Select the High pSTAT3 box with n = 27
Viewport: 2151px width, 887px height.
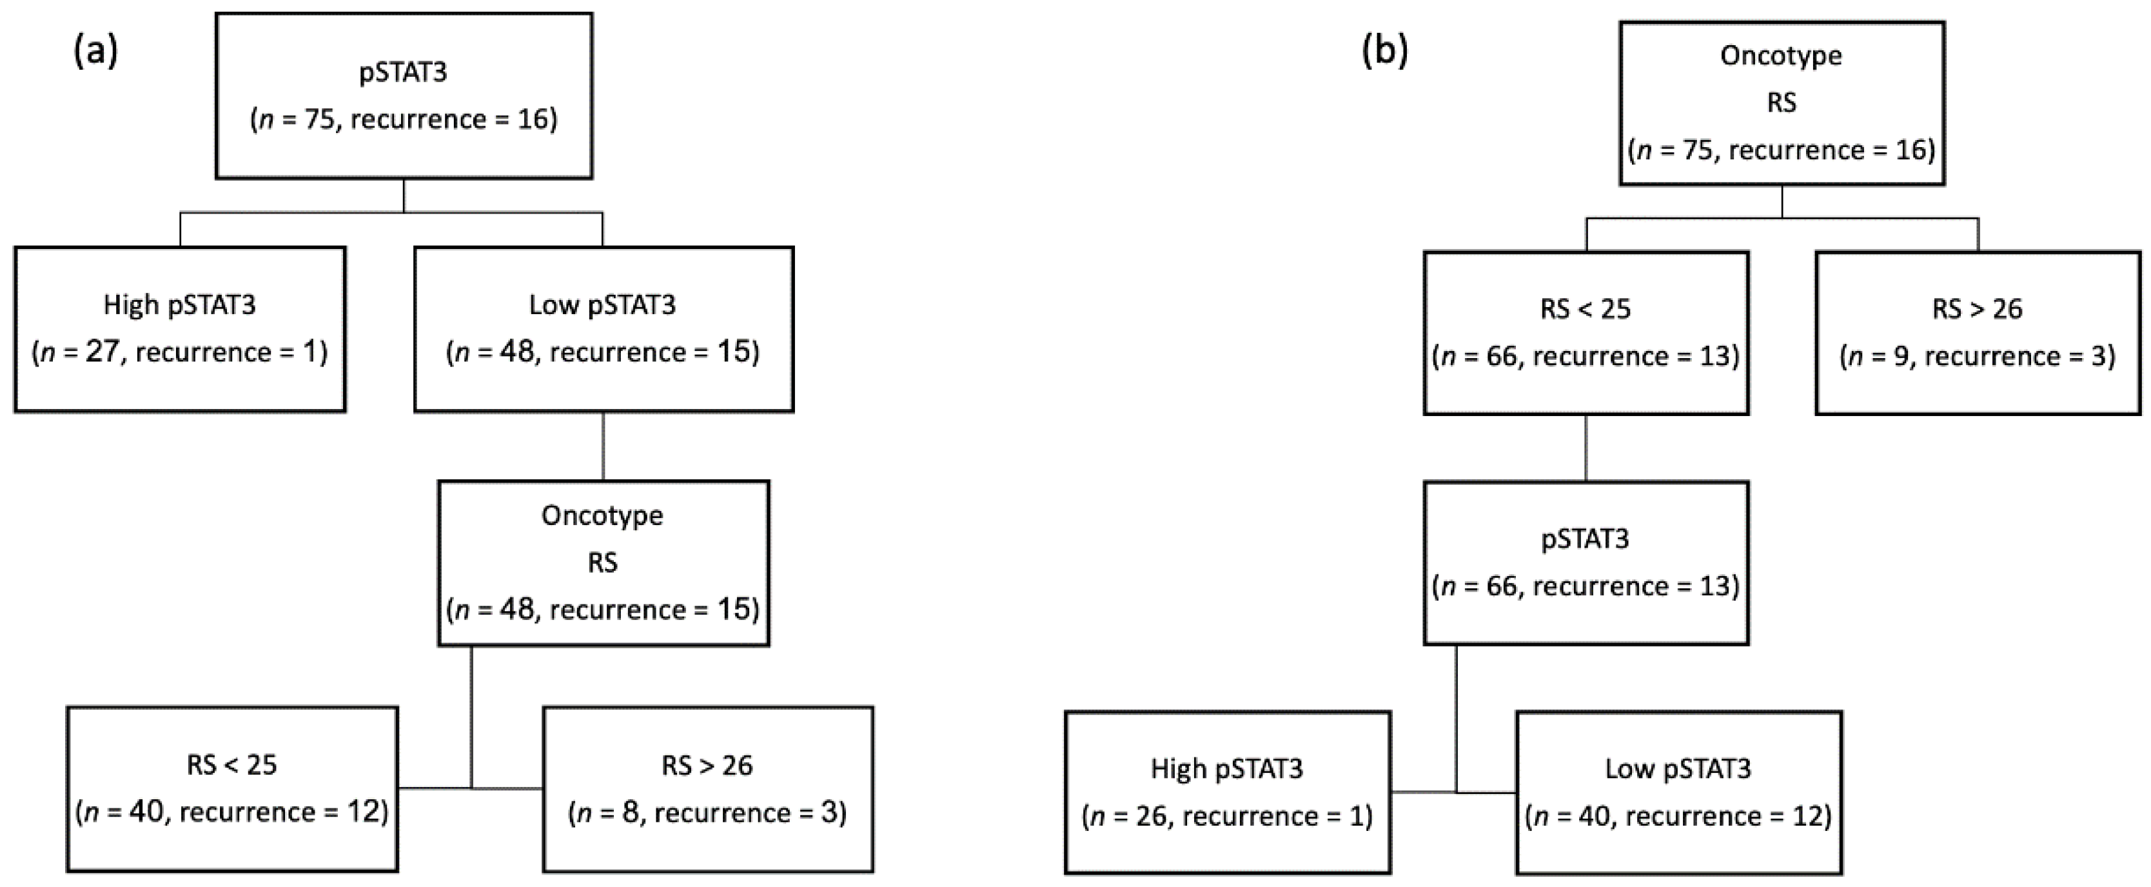point(179,329)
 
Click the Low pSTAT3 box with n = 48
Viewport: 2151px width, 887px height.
point(603,329)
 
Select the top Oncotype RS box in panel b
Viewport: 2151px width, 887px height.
point(1782,103)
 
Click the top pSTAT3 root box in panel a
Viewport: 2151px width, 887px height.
point(404,95)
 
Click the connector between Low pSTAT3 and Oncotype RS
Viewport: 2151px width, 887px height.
point(603,446)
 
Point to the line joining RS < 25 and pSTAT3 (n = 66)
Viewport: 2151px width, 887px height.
point(1586,448)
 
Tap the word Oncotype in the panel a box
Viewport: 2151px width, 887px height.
point(602,516)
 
